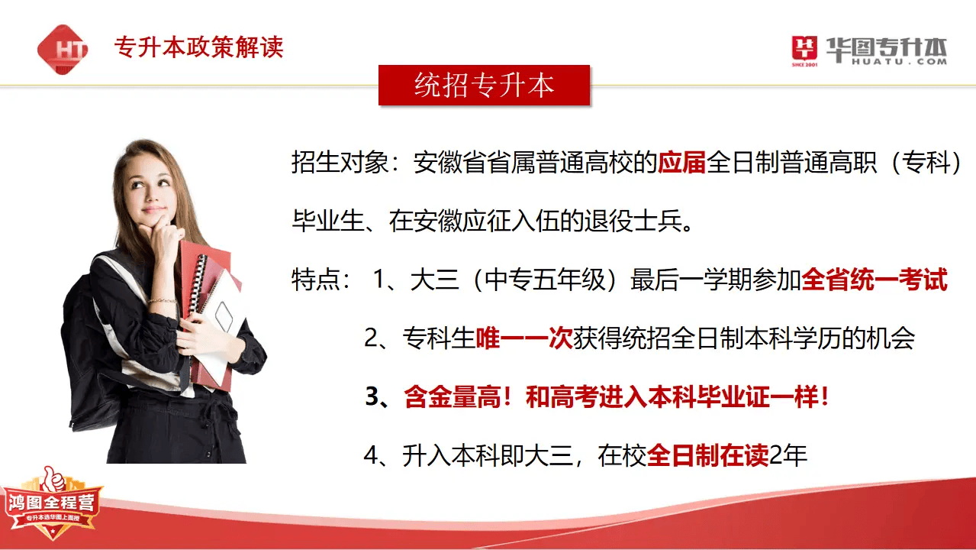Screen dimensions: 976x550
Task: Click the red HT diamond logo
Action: coord(63,50)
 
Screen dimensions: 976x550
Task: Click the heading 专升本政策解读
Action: coord(198,47)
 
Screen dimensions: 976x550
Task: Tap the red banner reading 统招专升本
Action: coord(484,85)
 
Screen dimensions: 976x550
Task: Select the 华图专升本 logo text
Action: coord(887,51)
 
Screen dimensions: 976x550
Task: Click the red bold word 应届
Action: coord(681,162)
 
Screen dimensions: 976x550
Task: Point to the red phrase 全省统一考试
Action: coord(874,279)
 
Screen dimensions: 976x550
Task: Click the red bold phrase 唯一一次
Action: coord(523,338)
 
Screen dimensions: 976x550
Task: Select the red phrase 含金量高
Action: coord(453,396)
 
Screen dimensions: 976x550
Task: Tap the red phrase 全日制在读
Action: coord(708,455)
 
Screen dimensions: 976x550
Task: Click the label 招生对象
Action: coord(340,162)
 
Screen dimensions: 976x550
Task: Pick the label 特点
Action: coord(315,279)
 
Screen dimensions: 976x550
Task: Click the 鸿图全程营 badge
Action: coord(53,506)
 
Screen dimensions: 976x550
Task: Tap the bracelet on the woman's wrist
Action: coord(162,301)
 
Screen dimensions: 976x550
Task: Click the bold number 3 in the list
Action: coord(372,397)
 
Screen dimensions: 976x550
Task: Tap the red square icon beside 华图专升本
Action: coord(804,48)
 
